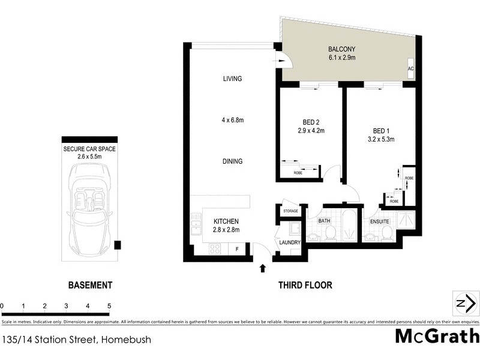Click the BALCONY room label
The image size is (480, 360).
click(x=341, y=49)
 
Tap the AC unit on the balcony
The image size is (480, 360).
click(x=410, y=68)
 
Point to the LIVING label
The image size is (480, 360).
click(x=232, y=79)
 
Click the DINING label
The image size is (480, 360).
click(x=232, y=161)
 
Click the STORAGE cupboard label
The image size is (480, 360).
click(x=290, y=211)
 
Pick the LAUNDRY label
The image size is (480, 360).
click(x=290, y=243)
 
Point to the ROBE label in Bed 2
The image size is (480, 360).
click(x=298, y=173)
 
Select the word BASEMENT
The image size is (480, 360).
click(x=89, y=286)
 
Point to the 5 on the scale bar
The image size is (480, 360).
click(x=109, y=306)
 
